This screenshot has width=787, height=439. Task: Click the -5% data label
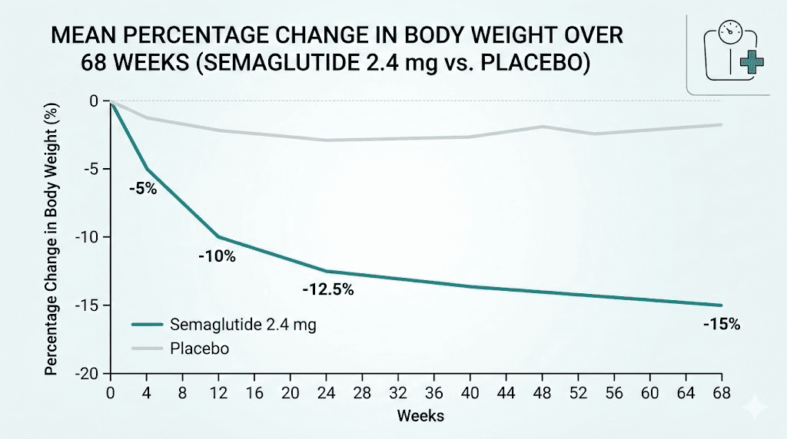pos(143,189)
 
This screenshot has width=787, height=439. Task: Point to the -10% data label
pos(217,256)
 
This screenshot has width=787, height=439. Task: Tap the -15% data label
pos(721,324)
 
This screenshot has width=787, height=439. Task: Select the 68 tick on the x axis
pos(721,393)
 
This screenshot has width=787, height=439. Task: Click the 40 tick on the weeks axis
pos(470,393)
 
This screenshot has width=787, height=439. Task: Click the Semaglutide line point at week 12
pos(218,236)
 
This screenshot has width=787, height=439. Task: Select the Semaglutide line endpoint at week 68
pos(721,305)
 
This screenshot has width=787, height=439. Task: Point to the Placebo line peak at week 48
pos(542,127)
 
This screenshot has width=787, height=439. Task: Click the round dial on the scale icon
pos(728,33)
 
